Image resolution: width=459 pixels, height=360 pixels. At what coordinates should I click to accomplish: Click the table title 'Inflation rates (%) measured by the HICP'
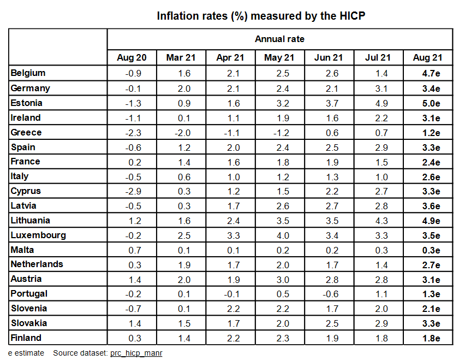coord(261,15)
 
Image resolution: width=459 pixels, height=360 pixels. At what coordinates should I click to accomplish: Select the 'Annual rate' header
coord(279,39)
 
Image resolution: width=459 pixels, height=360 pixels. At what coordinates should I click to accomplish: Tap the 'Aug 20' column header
coord(132,57)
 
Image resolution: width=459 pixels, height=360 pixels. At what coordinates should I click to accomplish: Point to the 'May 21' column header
coord(279,57)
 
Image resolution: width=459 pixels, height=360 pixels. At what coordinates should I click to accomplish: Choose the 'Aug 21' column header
coord(428,57)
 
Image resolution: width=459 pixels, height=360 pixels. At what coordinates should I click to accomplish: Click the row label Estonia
coord(27,103)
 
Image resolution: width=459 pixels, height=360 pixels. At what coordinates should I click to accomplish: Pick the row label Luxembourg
coord(38,235)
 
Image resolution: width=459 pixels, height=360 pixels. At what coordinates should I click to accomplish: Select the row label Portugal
coord(29,294)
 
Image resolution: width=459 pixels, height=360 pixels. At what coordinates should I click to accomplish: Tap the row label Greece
coord(26,132)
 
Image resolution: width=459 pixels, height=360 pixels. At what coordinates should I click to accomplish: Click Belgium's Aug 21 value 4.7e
coord(428,73)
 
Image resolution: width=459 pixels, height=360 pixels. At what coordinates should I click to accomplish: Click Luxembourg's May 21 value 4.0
coord(279,235)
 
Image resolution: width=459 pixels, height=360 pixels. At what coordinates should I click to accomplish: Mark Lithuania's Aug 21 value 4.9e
coord(428,221)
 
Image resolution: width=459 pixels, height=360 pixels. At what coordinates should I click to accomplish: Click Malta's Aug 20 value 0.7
coord(132,250)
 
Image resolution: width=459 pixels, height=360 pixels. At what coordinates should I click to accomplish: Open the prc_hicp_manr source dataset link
coord(136,353)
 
